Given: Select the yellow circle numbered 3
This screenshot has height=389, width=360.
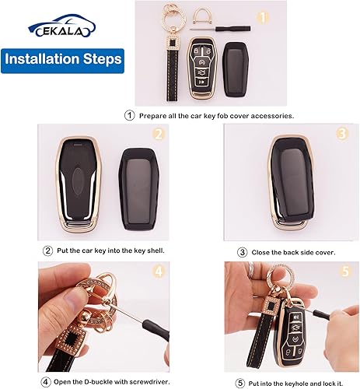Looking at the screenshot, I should (341, 133).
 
